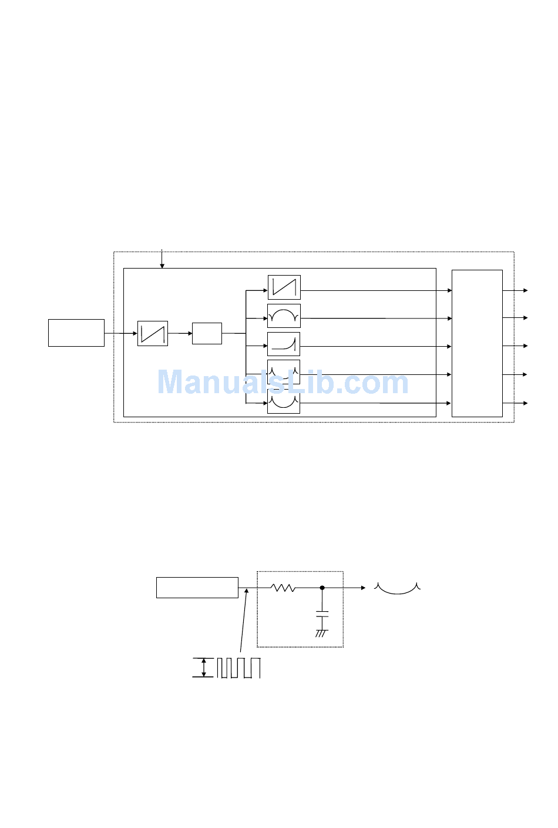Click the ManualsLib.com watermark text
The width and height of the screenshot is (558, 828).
pyautogui.click(x=283, y=382)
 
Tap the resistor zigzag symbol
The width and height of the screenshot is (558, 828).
pyautogui.click(x=283, y=588)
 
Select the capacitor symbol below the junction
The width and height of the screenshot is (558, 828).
pyautogui.click(x=322, y=614)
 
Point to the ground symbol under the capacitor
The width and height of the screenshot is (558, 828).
pyautogui.click(x=321, y=633)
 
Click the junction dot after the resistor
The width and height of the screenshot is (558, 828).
pyautogui.click(x=322, y=588)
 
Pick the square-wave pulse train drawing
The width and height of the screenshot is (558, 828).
pyautogui.click(x=238, y=668)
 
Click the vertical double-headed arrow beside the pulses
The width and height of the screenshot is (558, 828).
pyautogui.click(x=204, y=668)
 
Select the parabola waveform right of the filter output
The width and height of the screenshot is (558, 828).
pyautogui.click(x=397, y=589)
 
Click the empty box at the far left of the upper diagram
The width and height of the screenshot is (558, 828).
pyautogui.click(x=76, y=333)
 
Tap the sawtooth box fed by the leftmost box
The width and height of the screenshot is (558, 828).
pyautogui.click(x=153, y=333)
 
